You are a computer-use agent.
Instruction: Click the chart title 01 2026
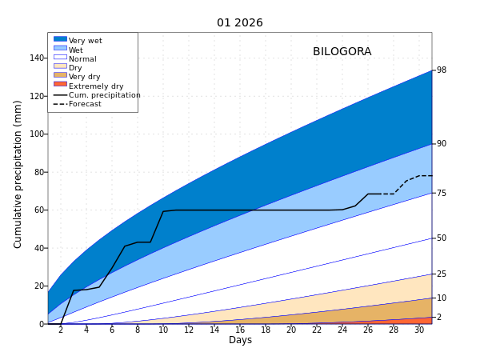click(x=239, y=23)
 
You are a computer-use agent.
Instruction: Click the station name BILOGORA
click(x=342, y=52)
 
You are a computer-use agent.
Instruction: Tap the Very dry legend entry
click(x=84, y=77)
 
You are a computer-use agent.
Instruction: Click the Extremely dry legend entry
click(x=95, y=86)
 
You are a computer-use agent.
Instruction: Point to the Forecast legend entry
click(x=85, y=104)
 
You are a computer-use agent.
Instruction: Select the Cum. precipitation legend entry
click(x=104, y=95)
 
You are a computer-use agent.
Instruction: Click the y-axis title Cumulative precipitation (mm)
click(x=18, y=174)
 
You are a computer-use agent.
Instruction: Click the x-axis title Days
click(x=240, y=340)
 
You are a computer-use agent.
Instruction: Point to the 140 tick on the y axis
click(x=37, y=58)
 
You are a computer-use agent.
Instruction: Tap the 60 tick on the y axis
click(x=39, y=210)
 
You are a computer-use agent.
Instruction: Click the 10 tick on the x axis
click(x=163, y=330)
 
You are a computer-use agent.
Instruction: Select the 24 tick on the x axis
click(x=342, y=330)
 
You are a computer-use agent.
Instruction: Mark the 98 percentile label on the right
click(x=442, y=70)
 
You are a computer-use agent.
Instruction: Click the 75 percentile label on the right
click(x=442, y=193)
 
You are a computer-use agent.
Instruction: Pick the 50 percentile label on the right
click(x=442, y=238)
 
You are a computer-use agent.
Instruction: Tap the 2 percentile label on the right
click(x=439, y=318)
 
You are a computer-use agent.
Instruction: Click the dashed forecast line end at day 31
click(x=431, y=176)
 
